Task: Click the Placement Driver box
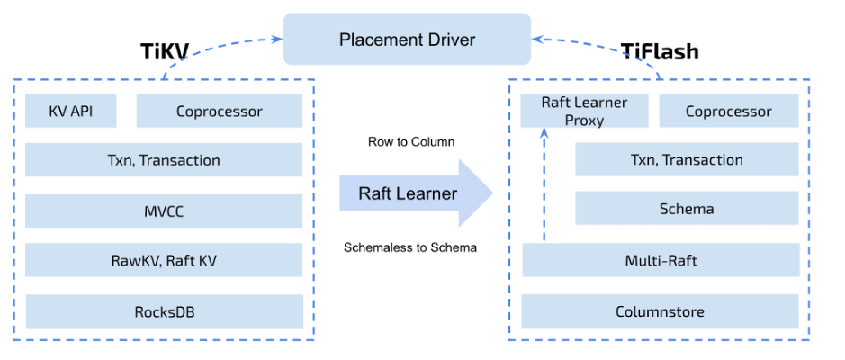point(407,40)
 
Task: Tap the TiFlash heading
point(660,51)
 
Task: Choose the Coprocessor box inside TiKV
point(219,112)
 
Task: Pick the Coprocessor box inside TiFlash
point(728,112)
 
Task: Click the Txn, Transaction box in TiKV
point(163,160)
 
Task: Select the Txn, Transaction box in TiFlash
point(687,160)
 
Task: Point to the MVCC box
point(163,211)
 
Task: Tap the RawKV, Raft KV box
point(163,261)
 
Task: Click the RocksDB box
point(163,312)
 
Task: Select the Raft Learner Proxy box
point(584,112)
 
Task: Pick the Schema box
point(687,209)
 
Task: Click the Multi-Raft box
point(661,261)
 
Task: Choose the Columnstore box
point(661,312)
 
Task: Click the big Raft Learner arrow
point(414,193)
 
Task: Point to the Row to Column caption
point(410,142)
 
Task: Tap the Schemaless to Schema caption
point(410,247)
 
